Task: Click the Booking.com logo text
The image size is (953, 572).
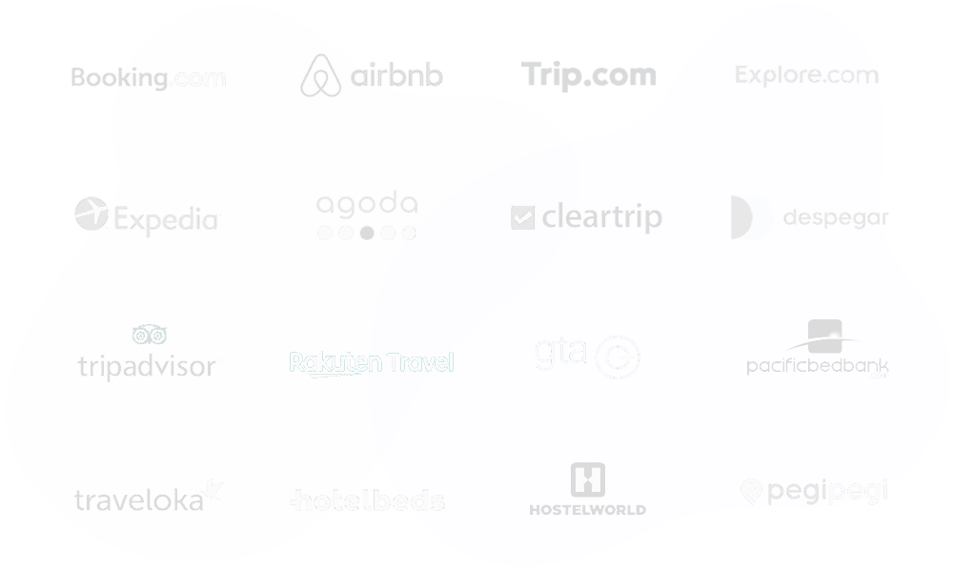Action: [x=149, y=77]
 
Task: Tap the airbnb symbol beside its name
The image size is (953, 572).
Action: [x=320, y=75]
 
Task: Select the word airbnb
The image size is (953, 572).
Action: [x=396, y=75]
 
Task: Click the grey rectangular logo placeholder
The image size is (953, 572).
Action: [x=588, y=74]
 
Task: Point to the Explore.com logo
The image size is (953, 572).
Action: [x=807, y=74]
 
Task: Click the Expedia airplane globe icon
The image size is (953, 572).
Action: [x=91, y=214]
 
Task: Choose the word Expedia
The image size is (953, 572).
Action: [x=168, y=219]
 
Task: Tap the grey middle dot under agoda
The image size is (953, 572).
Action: [x=367, y=232]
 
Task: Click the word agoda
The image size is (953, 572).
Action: [x=367, y=204]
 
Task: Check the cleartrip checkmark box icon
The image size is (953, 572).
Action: [x=523, y=217]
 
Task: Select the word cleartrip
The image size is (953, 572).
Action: [x=601, y=217]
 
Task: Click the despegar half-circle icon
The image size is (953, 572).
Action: [x=751, y=217]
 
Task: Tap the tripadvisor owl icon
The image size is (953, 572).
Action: [x=150, y=334]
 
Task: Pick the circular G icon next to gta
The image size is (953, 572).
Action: [x=618, y=357]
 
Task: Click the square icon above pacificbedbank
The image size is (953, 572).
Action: [x=825, y=336]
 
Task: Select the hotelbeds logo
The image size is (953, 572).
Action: [x=368, y=500]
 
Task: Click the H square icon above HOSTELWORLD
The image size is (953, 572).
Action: [x=587, y=480]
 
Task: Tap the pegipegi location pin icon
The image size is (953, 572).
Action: [x=751, y=491]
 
